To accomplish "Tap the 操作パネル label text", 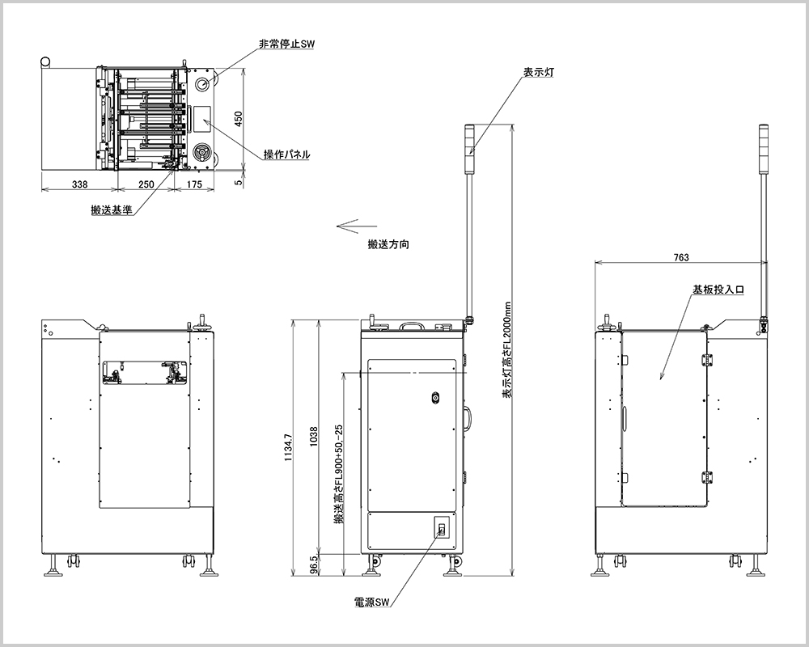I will click(286, 154).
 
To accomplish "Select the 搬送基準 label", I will click(112, 210).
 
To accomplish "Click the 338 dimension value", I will click(79, 184).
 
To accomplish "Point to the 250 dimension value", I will click(146, 184).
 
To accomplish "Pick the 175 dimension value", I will click(194, 184).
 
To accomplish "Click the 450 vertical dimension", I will click(238, 119).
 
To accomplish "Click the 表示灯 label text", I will click(539, 72).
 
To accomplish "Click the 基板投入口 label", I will click(718, 288).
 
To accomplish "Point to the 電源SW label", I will click(372, 603).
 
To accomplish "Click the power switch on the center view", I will click(441, 530).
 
